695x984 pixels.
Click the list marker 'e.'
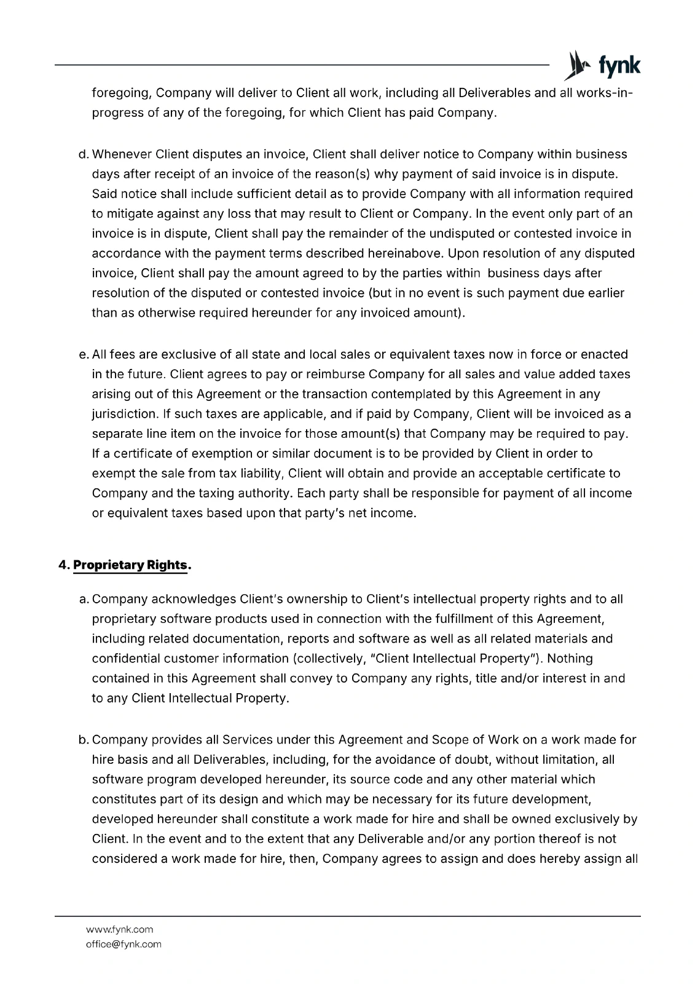point(84,354)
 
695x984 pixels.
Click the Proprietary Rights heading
point(130,565)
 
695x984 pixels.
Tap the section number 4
point(62,565)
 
